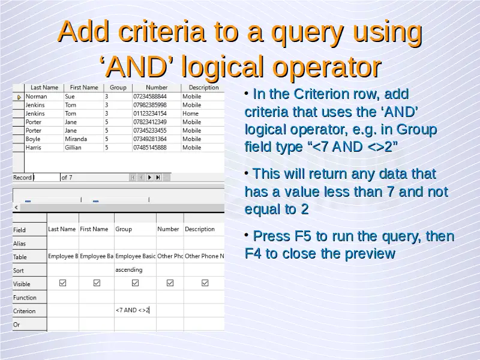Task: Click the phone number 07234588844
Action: coord(150,97)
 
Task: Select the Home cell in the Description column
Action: coord(190,113)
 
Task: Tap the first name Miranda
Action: coord(76,139)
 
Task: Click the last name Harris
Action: coord(34,148)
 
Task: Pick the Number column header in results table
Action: coord(157,88)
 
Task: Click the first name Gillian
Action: coord(73,148)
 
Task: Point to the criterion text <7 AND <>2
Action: coord(132,310)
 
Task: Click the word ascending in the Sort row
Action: coord(129,269)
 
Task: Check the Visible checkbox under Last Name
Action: coord(63,283)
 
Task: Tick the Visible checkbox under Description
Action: coord(205,283)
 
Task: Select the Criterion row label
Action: coord(24,311)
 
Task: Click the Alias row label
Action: coord(19,244)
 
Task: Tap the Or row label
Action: coord(17,325)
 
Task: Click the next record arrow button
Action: coord(149,177)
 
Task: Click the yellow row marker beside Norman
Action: coord(19,97)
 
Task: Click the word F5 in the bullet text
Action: coord(303,236)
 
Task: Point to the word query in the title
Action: coord(308,32)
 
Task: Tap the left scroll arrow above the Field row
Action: coord(16,208)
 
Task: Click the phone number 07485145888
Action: coord(150,148)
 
